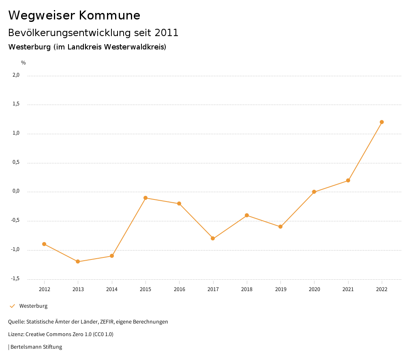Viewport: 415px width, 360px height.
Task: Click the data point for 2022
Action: [x=382, y=122]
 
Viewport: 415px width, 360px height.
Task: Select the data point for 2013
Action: [x=78, y=261]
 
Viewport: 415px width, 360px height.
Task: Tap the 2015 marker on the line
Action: [x=145, y=198]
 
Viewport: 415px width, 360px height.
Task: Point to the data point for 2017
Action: [x=213, y=238]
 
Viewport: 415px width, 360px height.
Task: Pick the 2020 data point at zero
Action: [x=314, y=192]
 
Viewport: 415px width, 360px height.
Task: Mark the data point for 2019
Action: [x=280, y=227]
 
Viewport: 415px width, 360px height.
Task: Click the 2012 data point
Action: [x=44, y=244]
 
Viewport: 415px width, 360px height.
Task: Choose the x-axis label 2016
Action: [x=179, y=289]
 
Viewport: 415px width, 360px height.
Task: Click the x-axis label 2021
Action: [x=348, y=289]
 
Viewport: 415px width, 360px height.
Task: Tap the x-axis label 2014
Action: [x=112, y=289]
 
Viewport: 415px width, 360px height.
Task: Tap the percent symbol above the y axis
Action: [x=24, y=63]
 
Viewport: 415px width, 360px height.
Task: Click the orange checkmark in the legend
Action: [x=12, y=306]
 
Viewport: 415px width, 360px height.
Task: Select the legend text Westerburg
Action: [x=33, y=306]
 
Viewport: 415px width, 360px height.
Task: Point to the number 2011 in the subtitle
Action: [x=167, y=33]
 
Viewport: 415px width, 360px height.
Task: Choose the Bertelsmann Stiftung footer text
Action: [x=36, y=347]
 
